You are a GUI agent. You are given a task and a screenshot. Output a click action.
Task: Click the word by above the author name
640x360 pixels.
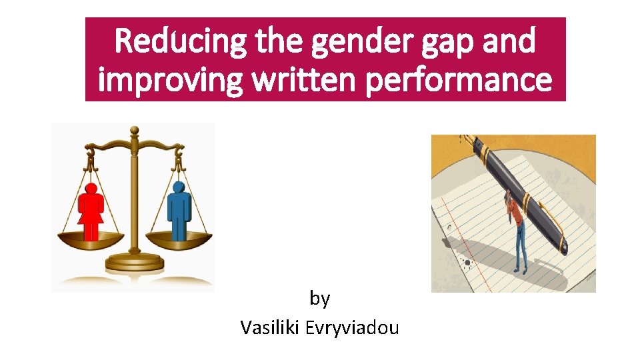[320, 299]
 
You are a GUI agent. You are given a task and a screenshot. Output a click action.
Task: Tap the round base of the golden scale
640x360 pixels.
[134, 264]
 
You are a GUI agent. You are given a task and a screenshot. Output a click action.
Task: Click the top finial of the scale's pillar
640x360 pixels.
[134, 129]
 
